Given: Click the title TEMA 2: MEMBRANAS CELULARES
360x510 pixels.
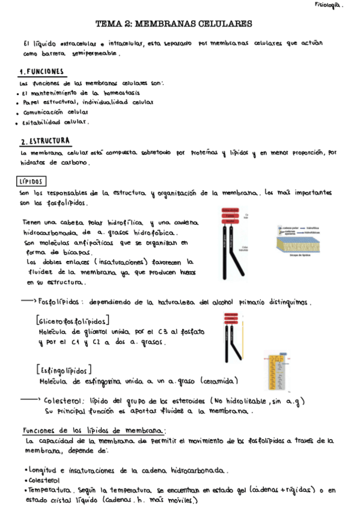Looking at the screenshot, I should point(174,24).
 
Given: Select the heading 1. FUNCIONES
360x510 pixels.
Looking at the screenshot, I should point(41,72).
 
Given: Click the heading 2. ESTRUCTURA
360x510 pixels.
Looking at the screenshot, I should point(45,141).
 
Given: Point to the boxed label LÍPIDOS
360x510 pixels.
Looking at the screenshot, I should point(32,181).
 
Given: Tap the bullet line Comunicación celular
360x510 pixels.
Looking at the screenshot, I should point(56,112).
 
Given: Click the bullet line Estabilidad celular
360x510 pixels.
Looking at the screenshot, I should point(55,121).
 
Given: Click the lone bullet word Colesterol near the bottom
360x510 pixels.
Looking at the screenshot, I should point(44,481).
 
